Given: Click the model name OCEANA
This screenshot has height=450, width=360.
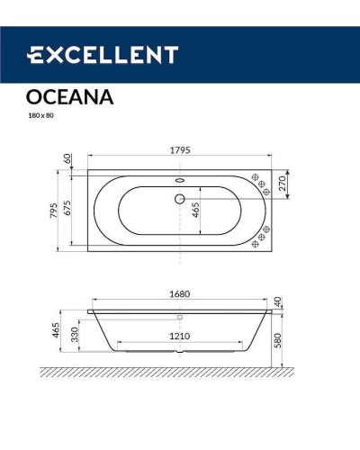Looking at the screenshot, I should [65, 98].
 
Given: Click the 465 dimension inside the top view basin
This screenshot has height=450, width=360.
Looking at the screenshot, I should [194, 213].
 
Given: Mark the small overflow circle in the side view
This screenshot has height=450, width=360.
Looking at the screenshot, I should [179, 318].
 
